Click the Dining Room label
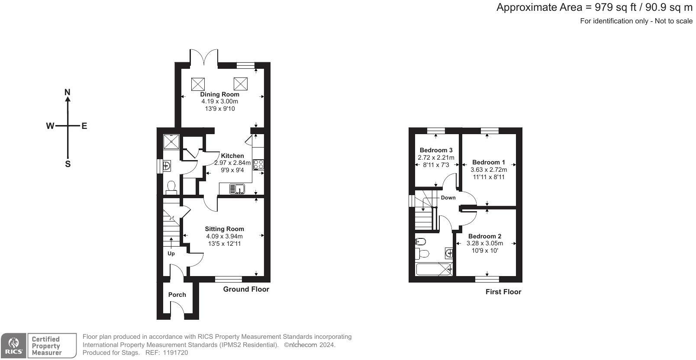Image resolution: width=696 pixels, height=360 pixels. tap(220, 94)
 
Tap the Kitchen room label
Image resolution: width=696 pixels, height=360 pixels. tap(232, 156)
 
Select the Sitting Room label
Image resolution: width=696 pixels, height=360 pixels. tap(224, 229)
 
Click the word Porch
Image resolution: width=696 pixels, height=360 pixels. tap(177, 295)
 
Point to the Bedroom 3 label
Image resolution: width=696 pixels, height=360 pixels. tap(436, 150)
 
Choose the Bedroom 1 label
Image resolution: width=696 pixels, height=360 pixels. tap(489, 162)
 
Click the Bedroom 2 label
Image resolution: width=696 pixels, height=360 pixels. tap(485, 236)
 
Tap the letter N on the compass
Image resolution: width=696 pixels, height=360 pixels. tap(68, 92)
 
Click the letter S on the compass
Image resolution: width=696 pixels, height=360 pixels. tap(68, 164)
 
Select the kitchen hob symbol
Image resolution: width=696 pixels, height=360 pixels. tap(258, 164)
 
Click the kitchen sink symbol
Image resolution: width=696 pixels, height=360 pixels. tap(237, 189)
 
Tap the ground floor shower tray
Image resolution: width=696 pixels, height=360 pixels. tap(171, 141)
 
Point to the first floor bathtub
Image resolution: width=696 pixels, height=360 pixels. tap(434, 269)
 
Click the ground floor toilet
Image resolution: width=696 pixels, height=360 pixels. tap(171, 187)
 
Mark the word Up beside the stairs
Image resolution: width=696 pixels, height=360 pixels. tap(171, 254)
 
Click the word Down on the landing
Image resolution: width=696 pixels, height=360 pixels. tap(448, 198)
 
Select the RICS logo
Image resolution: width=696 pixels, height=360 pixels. tap(13, 345)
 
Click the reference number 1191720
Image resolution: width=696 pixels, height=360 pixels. tap(175, 353)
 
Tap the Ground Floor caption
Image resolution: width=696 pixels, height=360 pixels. tap(246, 289)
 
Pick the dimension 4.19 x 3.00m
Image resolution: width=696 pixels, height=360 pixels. tap(220, 102)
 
